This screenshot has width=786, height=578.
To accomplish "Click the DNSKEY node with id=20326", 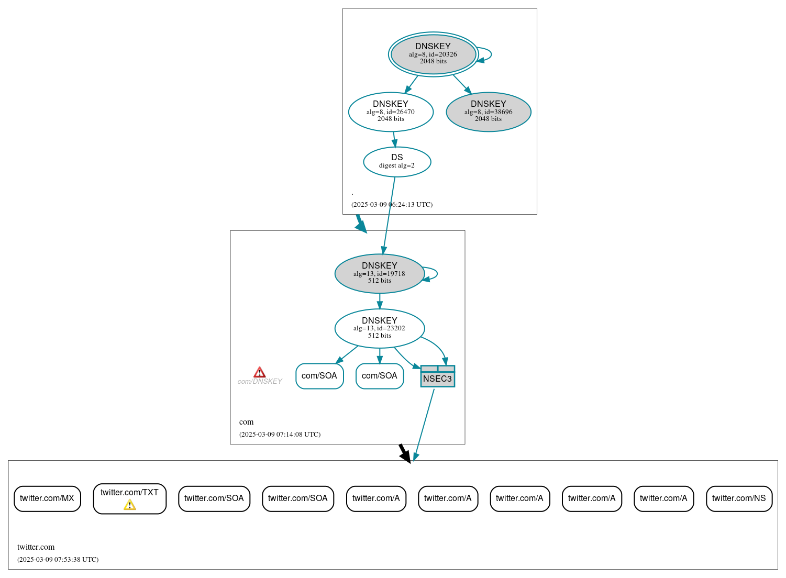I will click(x=433, y=54).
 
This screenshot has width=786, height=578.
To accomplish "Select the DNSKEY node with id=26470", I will click(x=391, y=112).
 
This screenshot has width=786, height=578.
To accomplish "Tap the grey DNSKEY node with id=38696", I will click(x=489, y=112).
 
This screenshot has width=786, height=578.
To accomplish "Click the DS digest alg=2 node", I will click(x=397, y=162).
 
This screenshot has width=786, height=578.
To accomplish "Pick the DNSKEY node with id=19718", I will click(x=380, y=273).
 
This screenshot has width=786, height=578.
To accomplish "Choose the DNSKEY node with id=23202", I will click(x=380, y=328).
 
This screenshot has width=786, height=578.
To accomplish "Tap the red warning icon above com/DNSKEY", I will click(x=259, y=372).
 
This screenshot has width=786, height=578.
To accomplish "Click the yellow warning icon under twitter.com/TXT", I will click(x=129, y=505).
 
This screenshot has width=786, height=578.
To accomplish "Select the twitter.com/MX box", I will click(x=47, y=498).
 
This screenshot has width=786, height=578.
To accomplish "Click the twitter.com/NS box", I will click(x=739, y=498).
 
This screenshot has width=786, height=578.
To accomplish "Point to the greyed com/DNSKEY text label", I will click(x=260, y=382).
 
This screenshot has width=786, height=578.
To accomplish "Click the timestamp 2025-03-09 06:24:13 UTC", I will click(x=392, y=205).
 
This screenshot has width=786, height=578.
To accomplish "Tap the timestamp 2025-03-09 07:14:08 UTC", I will click(x=280, y=435).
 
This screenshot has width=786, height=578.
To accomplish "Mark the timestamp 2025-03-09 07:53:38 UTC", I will click(x=58, y=560).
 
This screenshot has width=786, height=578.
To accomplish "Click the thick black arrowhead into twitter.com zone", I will click(x=405, y=455).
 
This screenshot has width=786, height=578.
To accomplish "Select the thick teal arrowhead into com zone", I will click(x=361, y=226).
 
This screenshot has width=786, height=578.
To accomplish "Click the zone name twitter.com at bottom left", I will click(x=36, y=547).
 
